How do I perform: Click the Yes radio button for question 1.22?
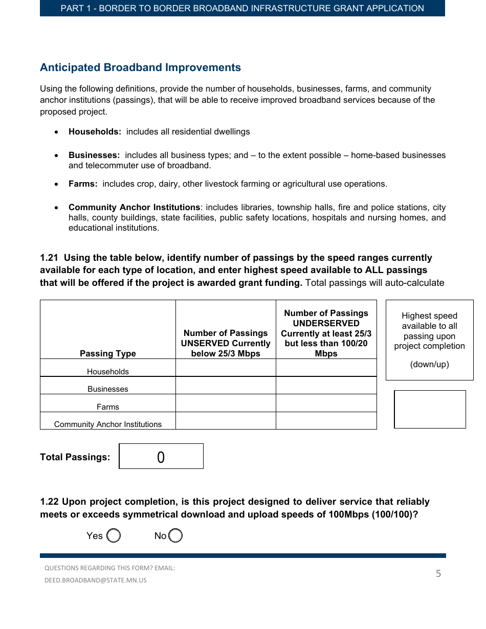point(114,535)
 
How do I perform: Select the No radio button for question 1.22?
point(175,535)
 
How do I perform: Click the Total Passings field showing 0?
point(161,457)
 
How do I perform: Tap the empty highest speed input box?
point(430,409)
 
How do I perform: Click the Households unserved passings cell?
point(226,368)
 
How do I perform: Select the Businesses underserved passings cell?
point(326,386)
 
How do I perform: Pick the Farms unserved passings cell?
point(226,403)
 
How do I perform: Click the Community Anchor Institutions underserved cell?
point(326,421)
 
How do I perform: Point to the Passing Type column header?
point(108,353)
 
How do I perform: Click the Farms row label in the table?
point(108,407)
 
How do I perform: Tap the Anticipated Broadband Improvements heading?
point(140,68)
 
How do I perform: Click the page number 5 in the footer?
point(438,574)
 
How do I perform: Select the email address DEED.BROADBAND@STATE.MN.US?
point(96,580)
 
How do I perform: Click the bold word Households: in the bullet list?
point(95,131)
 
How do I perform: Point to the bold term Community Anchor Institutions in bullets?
point(134,207)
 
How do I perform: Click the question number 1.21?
point(49,258)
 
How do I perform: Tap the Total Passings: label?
point(75,457)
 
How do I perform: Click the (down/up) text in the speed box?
point(429,365)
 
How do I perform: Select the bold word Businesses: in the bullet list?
point(94,155)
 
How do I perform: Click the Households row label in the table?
point(108,372)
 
